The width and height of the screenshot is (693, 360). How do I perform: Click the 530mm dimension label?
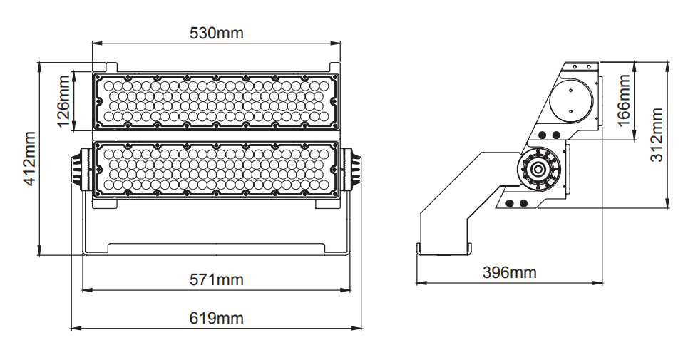point(217,33)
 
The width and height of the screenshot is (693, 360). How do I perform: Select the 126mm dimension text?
point(64,101)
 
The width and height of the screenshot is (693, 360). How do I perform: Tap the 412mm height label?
point(30,158)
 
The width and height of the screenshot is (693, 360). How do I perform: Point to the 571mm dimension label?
point(217,279)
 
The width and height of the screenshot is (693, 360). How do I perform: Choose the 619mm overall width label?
point(217,318)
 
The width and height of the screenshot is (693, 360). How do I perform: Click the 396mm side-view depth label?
point(510,272)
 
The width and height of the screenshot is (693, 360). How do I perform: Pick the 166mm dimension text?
point(623,101)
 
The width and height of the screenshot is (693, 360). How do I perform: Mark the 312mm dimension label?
point(657,135)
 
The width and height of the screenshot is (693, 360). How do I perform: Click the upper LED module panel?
point(217,101)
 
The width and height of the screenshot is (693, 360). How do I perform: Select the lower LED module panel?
point(217,169)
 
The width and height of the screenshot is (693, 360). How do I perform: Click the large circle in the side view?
point(570,101)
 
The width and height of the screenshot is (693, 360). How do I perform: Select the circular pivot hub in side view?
point(539,169)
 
